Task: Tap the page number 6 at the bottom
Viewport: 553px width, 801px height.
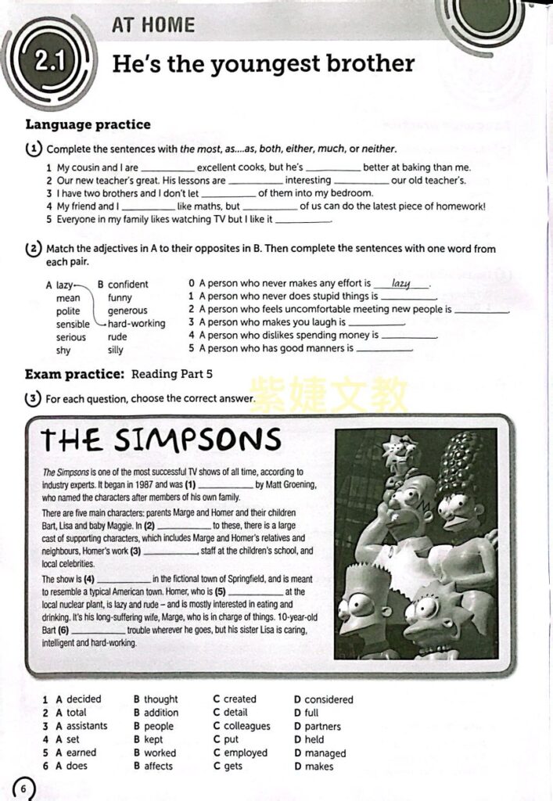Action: (x=23, y=788)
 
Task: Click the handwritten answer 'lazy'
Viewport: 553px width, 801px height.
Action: (x=401, y=283)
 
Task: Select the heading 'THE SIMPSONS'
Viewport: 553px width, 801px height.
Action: (x=161, y=440)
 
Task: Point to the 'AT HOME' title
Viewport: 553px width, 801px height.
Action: (x=153, y=24)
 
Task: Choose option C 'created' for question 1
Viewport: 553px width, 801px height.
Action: (x=239, y=699)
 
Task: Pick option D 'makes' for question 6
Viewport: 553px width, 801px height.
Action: (x=319, y=766)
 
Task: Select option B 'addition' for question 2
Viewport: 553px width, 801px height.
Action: (x=160, y=713)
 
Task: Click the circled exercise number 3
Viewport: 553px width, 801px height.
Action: (x=33, y=398)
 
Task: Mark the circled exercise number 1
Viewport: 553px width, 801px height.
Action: (x=34, y=149)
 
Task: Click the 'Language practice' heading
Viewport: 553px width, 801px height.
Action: (x=88, y=124)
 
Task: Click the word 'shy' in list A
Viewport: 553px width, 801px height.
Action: (x=63, y=350)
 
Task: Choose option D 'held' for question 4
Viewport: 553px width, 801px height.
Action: (x=314, y=739)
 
